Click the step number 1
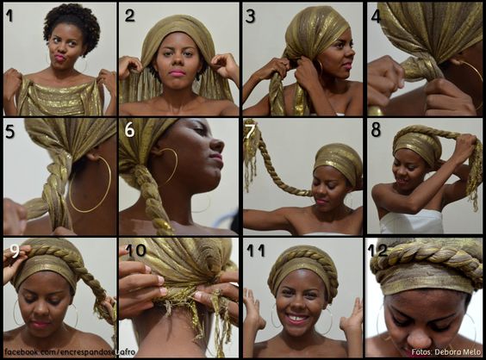coord(9,16)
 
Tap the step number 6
coord(129,129)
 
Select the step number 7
coord(250,129)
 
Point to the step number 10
coord(135,250)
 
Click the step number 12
coord(377,250)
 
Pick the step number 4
coord(376,16)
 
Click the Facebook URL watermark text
coord(70,352)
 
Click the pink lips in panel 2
coord(178,73)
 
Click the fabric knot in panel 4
coord(414,71)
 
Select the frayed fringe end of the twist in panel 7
coord(252,155)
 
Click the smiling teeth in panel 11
coord(297,317)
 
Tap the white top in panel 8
coord(412,222)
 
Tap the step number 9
coord(15,250)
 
